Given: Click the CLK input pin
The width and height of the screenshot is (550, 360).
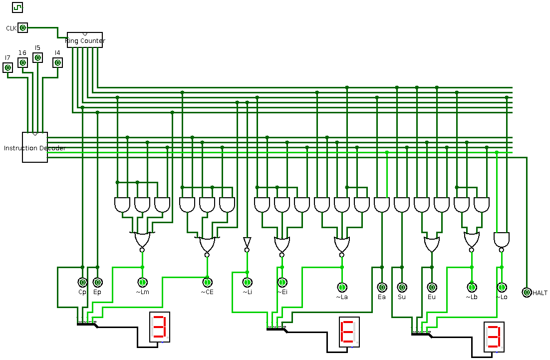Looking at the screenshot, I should tap(22, 28).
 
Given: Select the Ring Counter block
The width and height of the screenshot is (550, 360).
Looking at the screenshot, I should tap(85, 40).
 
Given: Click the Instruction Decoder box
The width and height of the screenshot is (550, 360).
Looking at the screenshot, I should tap(35, 147).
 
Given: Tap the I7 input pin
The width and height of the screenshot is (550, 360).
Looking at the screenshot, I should tap(7, 67).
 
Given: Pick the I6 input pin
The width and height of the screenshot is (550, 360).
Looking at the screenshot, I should tap(22, 62).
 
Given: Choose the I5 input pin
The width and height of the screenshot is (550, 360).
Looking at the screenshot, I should tap(37, 57).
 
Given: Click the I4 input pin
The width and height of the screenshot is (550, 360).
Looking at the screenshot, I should tap(57, 62).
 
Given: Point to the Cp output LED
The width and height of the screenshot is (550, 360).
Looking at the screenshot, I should tap(82, 283).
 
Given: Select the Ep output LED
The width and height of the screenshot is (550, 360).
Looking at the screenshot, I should tap(97, 283).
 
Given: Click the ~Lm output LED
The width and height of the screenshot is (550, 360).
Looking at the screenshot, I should tap(142, 283).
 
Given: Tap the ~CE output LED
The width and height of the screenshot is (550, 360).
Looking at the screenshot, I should tap(207, 283).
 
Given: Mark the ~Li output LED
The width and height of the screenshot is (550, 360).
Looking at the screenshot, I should tap(247, 283).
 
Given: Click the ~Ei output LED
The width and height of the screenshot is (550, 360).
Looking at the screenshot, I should tap(282, 283).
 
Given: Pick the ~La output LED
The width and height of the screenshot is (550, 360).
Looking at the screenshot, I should tap(342, 287).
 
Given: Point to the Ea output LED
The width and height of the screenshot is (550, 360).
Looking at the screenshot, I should tap(382, 287).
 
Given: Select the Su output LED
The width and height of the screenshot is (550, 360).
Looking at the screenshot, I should tap(402, 287).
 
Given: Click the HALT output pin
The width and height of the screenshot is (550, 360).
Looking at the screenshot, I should tap(527, 292).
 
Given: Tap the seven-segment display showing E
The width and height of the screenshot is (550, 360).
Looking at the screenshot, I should tap(349, 332).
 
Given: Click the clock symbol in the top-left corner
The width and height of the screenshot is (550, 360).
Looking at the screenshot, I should tap(17, 7).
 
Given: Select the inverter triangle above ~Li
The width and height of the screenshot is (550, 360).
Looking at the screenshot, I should tap(247, 242).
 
